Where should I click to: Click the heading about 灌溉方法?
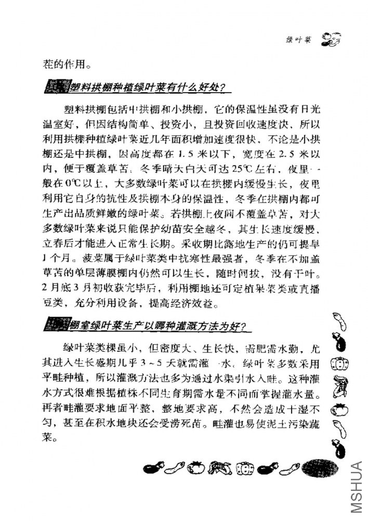coord(148,326)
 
